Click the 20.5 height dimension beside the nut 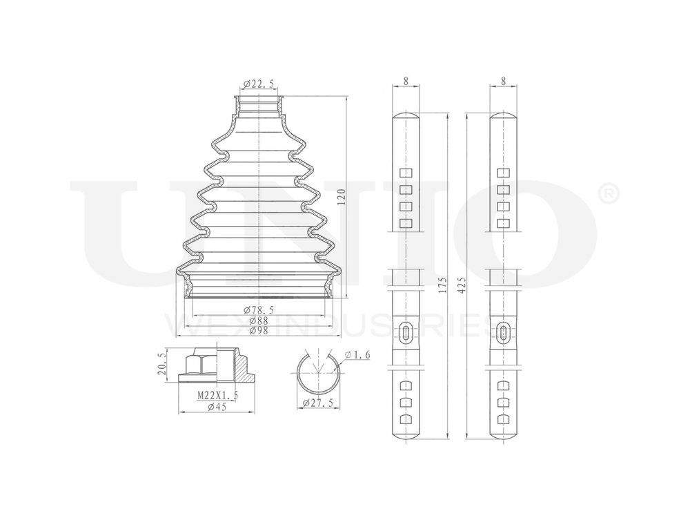(163, 365)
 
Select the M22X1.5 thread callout (218, 395)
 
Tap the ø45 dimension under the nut (218, 406)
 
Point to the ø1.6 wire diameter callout (357, 354)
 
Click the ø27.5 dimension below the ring (317, 403)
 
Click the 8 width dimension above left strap (406, 81)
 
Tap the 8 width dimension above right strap (504, 81)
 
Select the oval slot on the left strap (406, 334)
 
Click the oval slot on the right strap (504, 334)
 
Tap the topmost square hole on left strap (406, 173)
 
